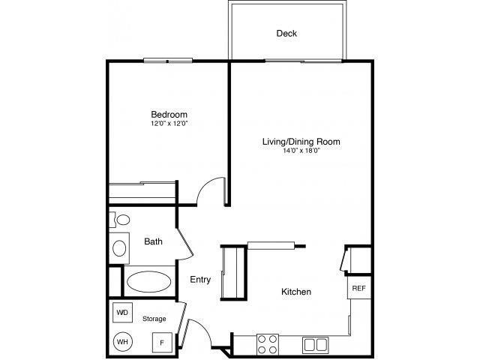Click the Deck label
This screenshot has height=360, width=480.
(x=286, y=33)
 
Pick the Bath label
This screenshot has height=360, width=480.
(x=154, y=241)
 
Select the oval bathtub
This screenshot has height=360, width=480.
(x=148, y=281)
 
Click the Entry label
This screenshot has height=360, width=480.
(x=199, y=280)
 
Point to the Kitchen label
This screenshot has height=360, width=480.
(x=296, y=292)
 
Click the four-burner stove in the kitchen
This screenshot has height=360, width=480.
(x=268, y=344)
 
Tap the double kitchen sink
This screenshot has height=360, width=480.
(x=314, y=344)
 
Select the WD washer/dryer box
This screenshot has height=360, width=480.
(x=122, y=312)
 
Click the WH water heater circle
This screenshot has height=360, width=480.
(x=121, y=340)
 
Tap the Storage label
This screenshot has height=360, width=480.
(x=154, y=319)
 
